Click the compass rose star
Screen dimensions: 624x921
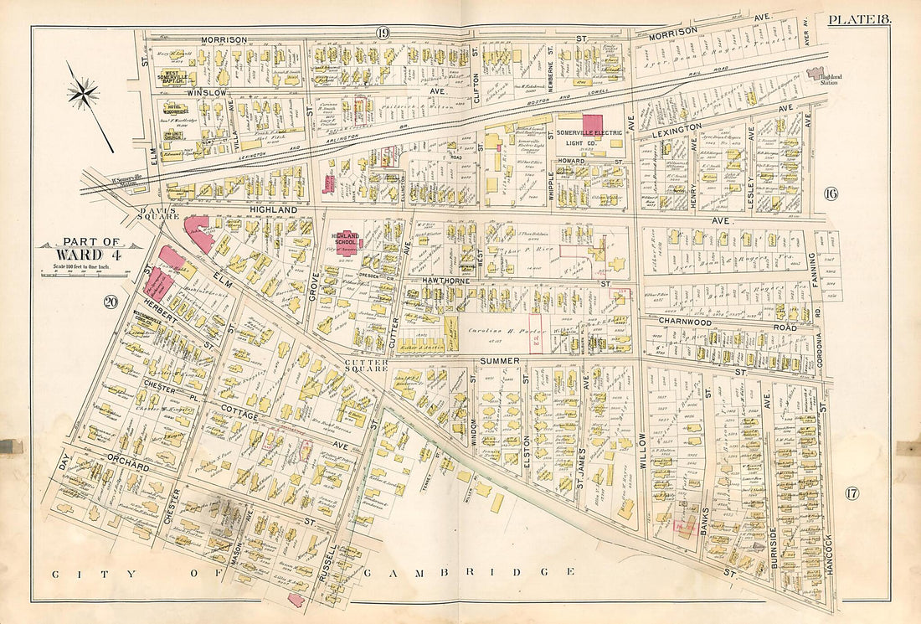click(x=83, y=93)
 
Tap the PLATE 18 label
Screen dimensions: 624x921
click(x=859, y=18)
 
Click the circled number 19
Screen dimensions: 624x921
click(x=383, y=33)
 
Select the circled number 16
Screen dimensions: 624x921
click(x=831, y=194)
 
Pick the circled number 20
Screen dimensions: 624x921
click(x=109, y=302)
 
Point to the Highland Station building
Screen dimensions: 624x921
click(x=815, y=74)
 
